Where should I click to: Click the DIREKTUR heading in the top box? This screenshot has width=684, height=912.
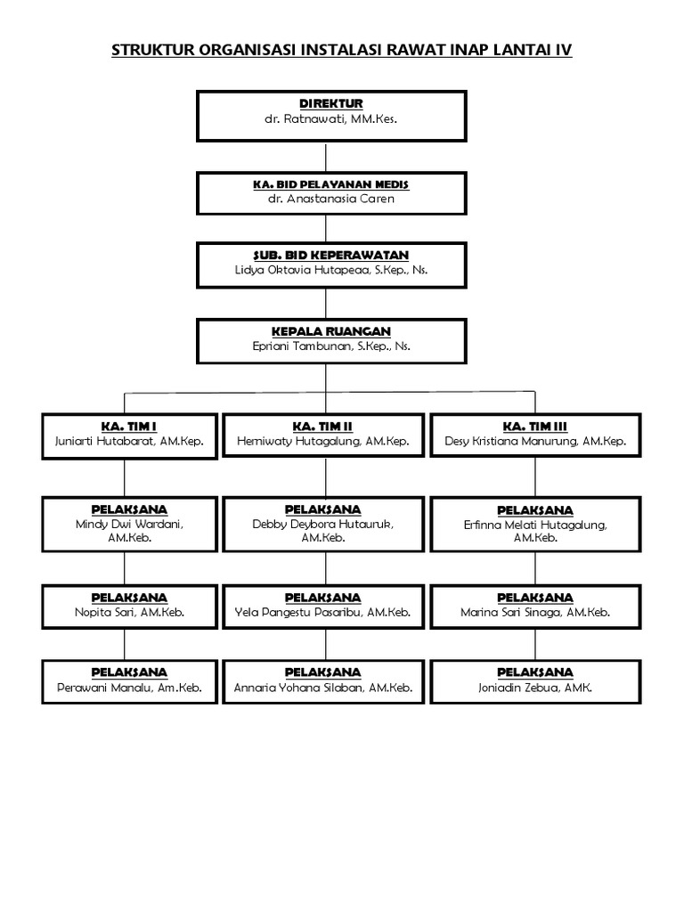[x=330, y=104]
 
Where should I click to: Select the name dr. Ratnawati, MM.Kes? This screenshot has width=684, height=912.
[x=330, y=118]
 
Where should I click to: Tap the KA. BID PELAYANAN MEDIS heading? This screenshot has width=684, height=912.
[x=330, y=184]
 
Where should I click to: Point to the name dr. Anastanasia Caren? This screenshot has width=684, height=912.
[x=330, y=199]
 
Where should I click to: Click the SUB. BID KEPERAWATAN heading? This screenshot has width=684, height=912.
[x=330, y=256]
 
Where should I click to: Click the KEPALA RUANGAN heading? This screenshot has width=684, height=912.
[x=330, y=331]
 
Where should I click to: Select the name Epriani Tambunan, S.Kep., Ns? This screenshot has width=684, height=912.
[x=330, y=346]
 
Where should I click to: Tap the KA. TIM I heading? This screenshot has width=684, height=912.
[x=129, y=427]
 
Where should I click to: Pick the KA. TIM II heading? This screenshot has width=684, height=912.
[x=322, y=427]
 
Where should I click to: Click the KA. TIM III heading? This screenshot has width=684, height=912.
[x=534, y=427]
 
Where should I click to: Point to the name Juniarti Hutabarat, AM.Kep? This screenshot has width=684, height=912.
[x=129, y=441]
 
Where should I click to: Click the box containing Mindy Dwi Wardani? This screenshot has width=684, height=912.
[x=129, y=524]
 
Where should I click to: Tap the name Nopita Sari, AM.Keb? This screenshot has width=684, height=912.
[x=129, y=613]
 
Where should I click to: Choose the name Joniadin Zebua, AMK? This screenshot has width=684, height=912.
[x=534, y=688]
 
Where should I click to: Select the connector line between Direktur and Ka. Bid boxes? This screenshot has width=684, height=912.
[x=330, y=157]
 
